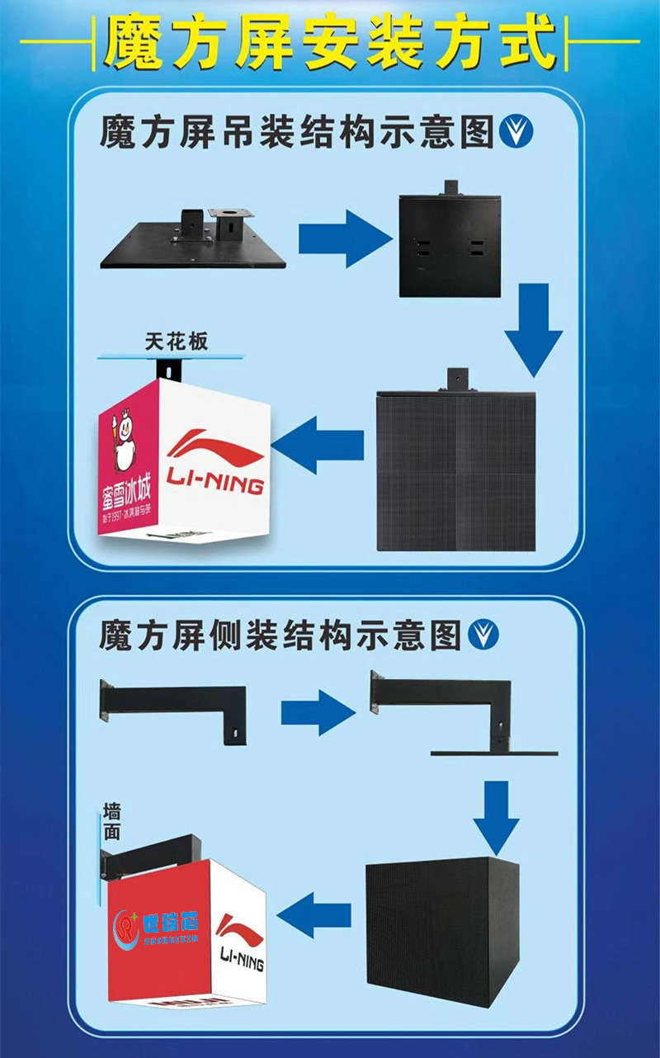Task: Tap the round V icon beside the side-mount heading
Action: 484,635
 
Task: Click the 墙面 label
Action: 112,820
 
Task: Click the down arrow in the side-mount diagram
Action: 496,816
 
